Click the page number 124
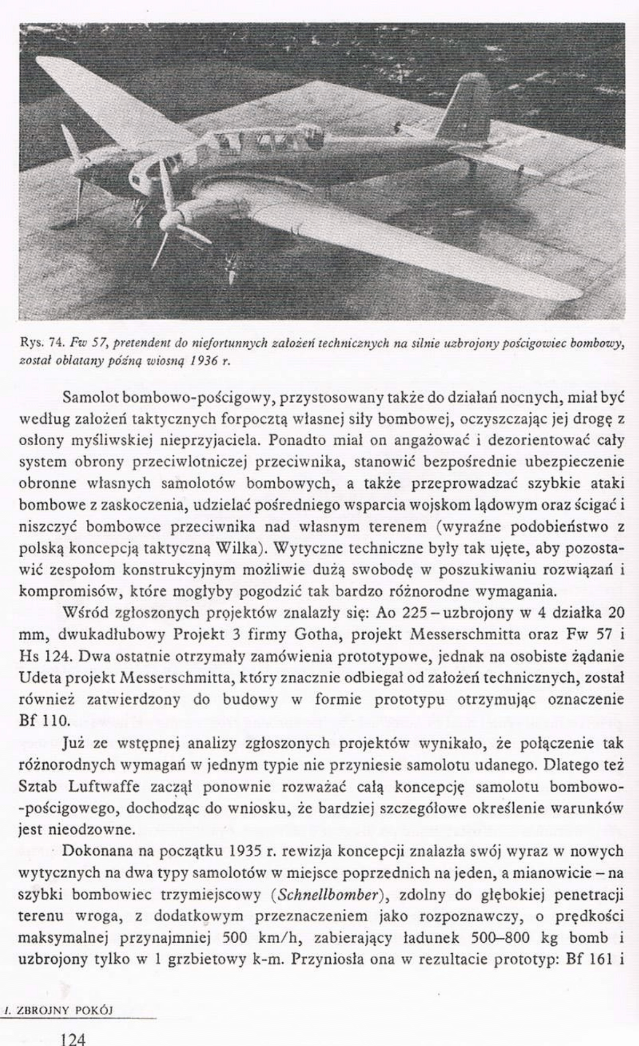pos(73,1038)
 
